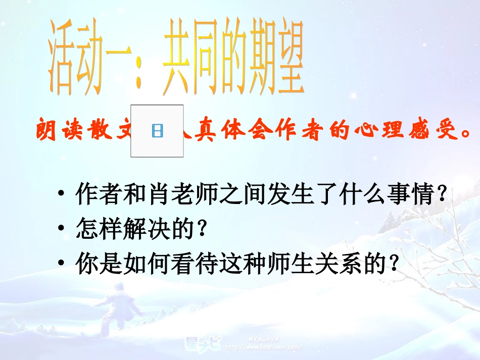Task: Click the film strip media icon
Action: click(x=157, y=131)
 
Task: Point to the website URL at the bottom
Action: click(x=263, y=347)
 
